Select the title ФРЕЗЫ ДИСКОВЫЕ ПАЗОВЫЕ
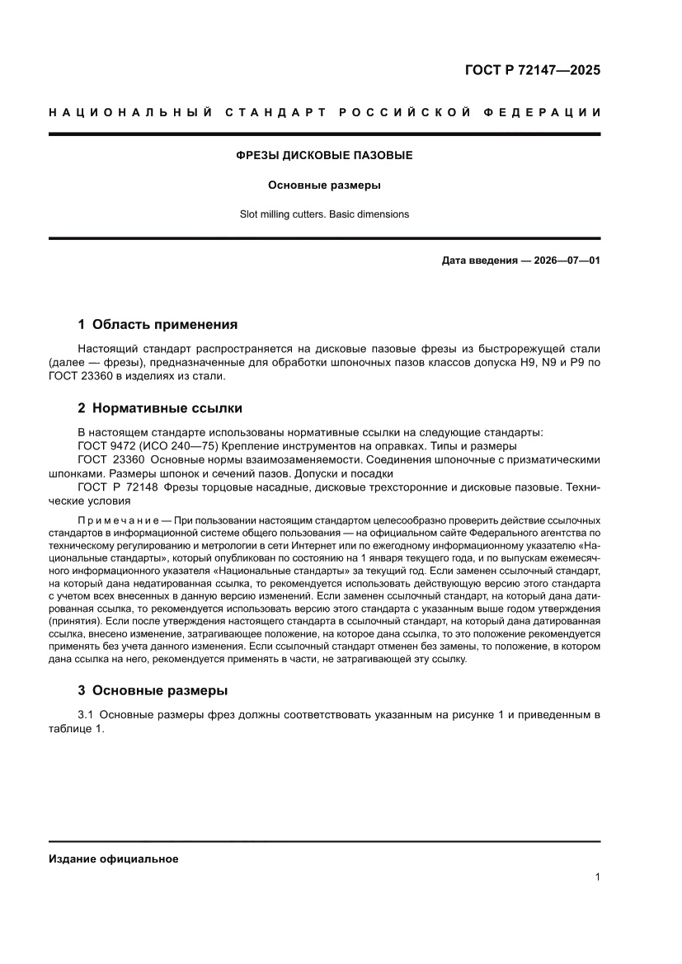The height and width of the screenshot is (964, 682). point(324,155)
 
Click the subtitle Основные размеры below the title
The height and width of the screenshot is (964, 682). point(324,185)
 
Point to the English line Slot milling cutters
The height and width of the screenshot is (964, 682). point(324,214)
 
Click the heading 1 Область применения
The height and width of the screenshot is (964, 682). point(158,324)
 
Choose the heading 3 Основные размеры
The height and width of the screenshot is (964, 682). point(153,690)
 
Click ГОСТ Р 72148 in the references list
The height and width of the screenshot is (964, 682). point(117,487)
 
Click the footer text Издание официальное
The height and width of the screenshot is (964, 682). point(114,859)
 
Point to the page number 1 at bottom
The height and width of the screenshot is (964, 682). point(597,877)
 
